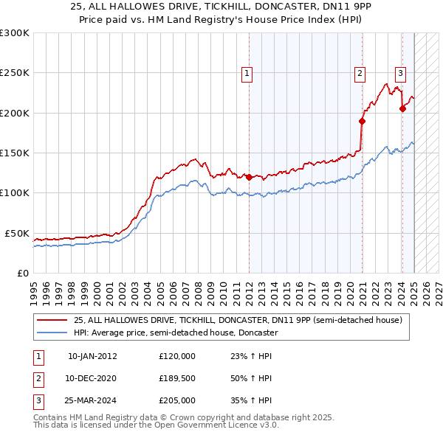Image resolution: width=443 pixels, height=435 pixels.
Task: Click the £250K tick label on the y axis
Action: pyautogui.click(x=14, y=73)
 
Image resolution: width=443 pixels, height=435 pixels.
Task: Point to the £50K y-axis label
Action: pyautogui.click(x=17, y=233)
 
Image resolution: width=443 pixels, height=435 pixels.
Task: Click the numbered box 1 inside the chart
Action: pyautogui.click(x=246, y=73)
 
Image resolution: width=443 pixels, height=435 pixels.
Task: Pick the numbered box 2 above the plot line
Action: pyautogui.click(x=360, y=73)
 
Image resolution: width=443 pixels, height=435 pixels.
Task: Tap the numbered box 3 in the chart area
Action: pyautogui.click(x=400, y=73)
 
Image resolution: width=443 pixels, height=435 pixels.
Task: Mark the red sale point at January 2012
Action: pyautogui.click(x=249, y=177)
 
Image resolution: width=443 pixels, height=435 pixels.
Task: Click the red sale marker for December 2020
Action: pyautogui.click(x=363, y=121)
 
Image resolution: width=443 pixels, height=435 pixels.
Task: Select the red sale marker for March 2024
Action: pyautogui.click(x=402, y=108)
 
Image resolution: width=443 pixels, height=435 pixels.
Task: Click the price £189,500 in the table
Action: pyautogui.click(x=176, y=378)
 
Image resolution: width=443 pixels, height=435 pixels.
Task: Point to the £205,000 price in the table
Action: pyautogui.click(x=176, y=400)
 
